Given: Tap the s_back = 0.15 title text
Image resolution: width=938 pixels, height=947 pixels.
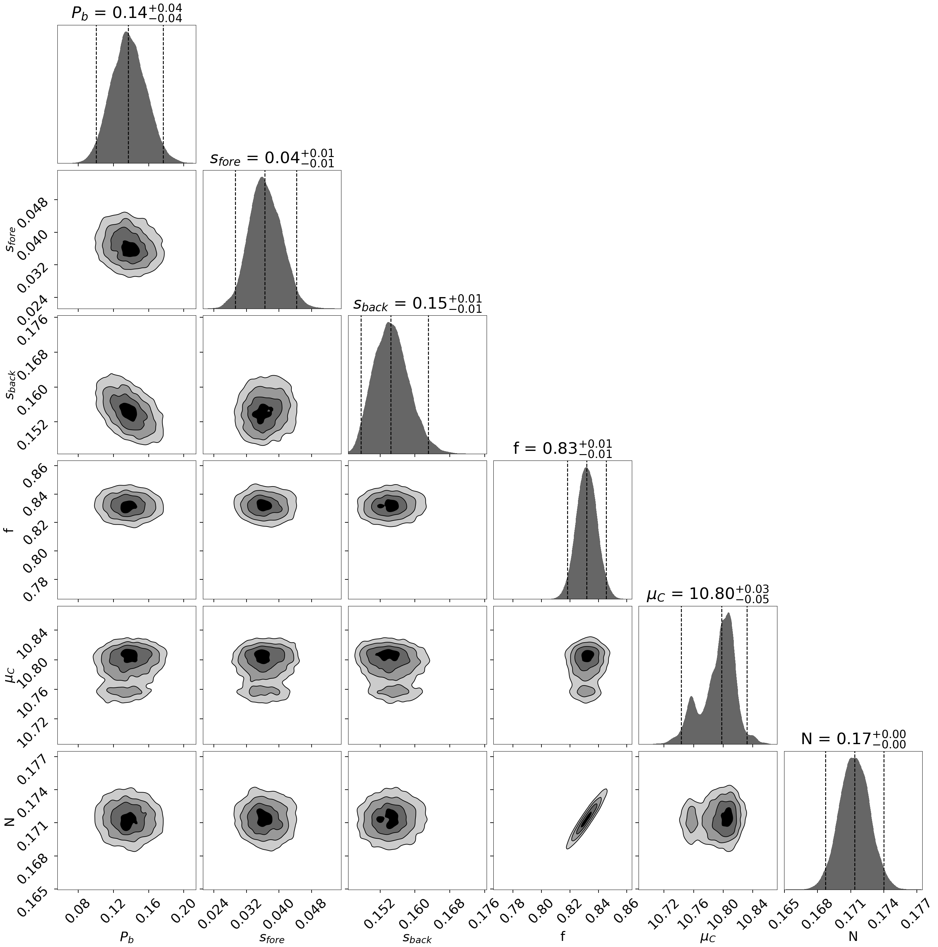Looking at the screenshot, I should pos(417,303).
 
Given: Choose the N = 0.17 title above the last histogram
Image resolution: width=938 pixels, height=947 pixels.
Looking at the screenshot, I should pos(853,739).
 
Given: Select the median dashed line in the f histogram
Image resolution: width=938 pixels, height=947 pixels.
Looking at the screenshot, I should pos(586,529).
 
